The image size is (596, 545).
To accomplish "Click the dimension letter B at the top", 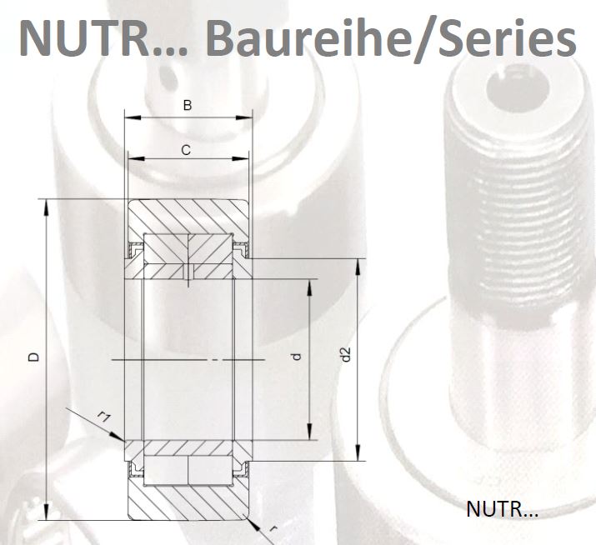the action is coord(188,105).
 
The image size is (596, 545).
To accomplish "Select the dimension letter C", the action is coord(186,151).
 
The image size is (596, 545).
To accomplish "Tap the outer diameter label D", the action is coord(34,357).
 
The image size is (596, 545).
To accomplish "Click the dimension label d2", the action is coord(345,354).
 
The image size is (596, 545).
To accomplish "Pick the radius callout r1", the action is coord(103,418).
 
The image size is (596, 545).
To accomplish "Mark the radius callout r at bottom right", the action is coord(272,528).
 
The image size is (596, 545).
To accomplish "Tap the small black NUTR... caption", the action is coord(502,509).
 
